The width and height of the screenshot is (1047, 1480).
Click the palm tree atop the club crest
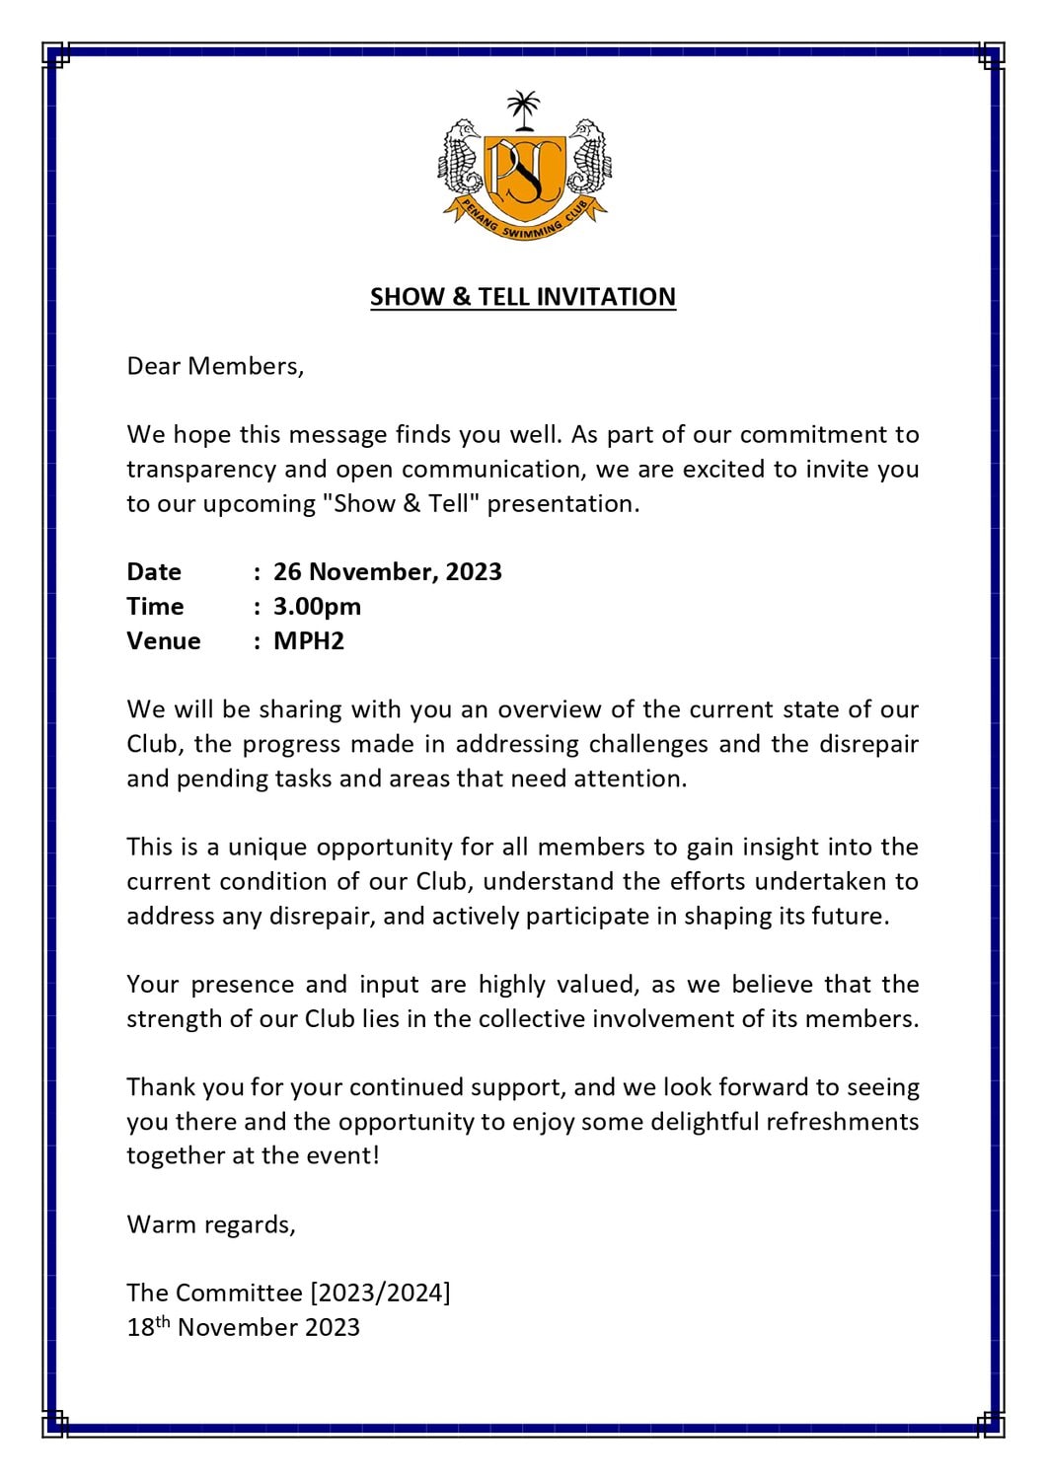coord(523,110)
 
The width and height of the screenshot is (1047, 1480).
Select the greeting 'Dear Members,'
coord(215,366)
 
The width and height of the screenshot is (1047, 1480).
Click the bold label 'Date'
coord(154,572)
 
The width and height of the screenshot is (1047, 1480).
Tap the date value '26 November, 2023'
coord(388,572)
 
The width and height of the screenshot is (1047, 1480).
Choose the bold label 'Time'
coord(155,607)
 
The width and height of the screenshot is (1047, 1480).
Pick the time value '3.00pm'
coord(317,607)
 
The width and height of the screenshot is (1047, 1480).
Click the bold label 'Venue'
coord(163,641)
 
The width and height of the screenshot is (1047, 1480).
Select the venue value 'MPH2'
coord(309,641)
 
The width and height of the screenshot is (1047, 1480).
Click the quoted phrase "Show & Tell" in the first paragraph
coord(401,503)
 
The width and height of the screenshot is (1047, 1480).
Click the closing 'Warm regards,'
coord(211,1224)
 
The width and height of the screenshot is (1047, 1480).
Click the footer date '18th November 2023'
coord(243,1327)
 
